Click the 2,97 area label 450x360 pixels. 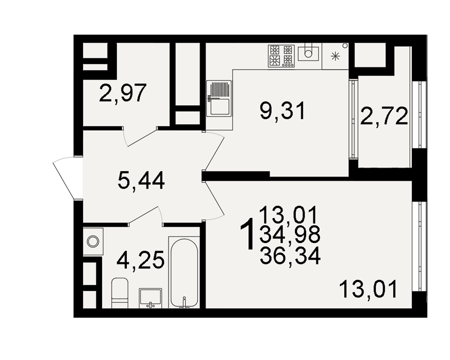(122, 93)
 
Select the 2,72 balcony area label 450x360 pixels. (384, 116)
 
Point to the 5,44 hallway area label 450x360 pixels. (141, 180)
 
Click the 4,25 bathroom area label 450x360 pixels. (140, 260)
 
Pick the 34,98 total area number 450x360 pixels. (290, 235)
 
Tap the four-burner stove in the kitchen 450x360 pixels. (281, 56)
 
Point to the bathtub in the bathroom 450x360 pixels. (184, 272)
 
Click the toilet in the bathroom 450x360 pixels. (120, 292)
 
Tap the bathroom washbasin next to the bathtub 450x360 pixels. (150, 298)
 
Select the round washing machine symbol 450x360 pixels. (93, 242)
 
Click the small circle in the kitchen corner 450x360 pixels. (345, 45)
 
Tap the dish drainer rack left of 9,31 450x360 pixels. (219, 99)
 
